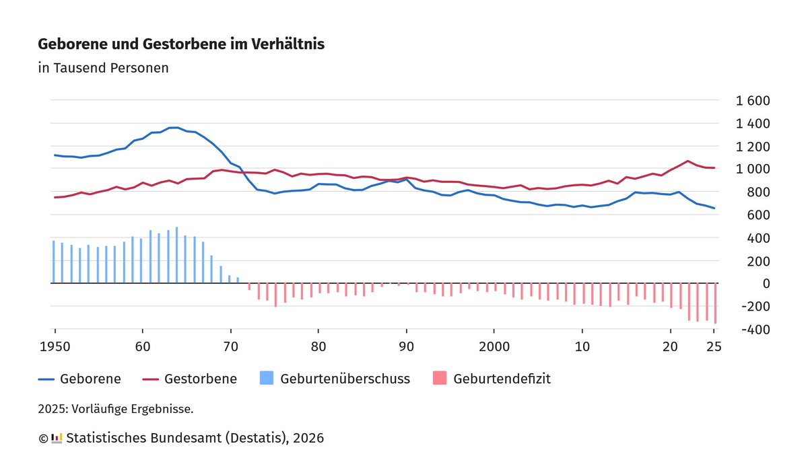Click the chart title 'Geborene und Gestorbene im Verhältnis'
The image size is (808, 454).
pos(181,44)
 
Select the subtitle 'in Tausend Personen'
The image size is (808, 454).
pos(103,68)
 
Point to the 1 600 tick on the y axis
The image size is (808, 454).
pos(752,101)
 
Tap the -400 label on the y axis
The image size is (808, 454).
pos(755,330)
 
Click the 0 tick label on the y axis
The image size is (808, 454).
pos(766,284)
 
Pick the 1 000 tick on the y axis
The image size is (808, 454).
pos(752,169)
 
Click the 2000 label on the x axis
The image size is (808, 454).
pos(494,346)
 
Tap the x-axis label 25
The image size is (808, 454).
pos(714,346)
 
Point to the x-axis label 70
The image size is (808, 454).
pos(230,346)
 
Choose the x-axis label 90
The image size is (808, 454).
pos(406,346)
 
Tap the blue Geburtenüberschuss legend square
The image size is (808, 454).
pos(267,379)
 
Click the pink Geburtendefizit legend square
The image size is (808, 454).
pos(439,379)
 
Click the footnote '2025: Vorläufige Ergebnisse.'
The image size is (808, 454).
pos(116,408)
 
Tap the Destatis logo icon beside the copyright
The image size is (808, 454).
pos(57,438)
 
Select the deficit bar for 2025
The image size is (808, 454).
pos(715,303)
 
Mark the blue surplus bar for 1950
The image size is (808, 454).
pos(53,262)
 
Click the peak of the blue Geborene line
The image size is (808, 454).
pos(174,127)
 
